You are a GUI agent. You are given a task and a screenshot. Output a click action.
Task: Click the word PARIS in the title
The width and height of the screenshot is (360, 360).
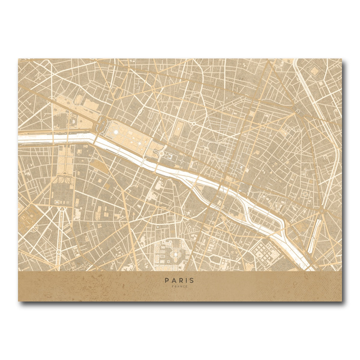pyautogui.click(x=179, y=280)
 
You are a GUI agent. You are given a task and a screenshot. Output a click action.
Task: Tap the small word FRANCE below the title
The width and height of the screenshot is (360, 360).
pyautogui.click(x=180, y=286)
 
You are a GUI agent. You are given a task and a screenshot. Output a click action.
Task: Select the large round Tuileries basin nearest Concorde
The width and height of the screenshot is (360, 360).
pyautogui.click(x=116, y=131)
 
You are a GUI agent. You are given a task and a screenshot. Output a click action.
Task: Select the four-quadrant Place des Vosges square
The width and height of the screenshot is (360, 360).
pyautogui.click(x=305, y=195)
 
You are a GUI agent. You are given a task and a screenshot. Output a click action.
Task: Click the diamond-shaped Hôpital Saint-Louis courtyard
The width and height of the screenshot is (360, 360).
pyautogui.click(x=315, y=71)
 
